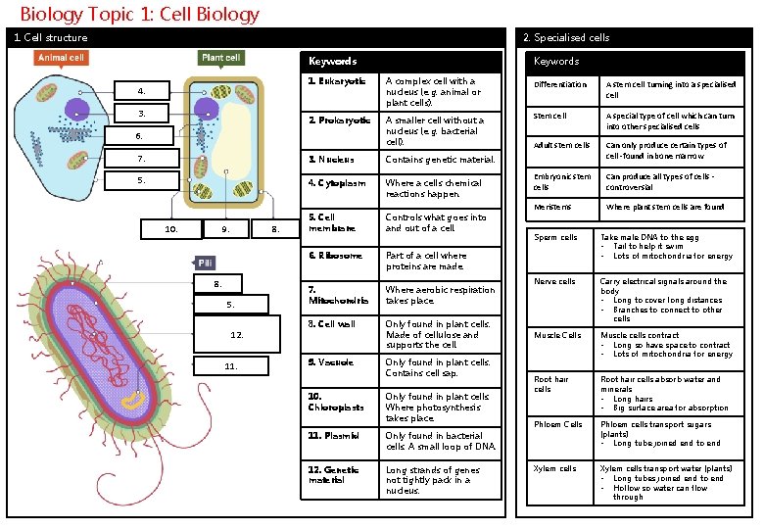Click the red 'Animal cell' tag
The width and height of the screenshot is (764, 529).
62,58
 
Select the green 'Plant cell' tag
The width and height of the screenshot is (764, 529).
221,58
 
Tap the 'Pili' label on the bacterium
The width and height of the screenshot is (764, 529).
205,263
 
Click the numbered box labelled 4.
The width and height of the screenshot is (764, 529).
142,91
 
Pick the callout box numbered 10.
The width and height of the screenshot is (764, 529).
172,229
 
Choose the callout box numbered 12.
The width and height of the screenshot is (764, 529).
236,336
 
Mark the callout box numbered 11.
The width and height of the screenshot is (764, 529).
231,366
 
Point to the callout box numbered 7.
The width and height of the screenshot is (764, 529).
142,159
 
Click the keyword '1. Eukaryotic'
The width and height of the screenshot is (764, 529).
337,81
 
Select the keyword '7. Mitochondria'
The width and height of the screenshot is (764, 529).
338,295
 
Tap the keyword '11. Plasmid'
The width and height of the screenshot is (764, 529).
334,435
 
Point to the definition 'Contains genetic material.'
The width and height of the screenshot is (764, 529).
440,159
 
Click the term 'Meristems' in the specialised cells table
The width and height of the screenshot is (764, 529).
550,207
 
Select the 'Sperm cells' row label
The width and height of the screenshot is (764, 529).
555,237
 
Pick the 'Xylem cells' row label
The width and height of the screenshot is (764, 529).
554,468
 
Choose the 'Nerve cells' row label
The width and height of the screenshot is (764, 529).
554,281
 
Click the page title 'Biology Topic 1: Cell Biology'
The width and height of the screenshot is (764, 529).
139,14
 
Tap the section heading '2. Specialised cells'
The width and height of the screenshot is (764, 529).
565,37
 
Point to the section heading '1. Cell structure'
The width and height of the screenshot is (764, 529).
50,37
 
